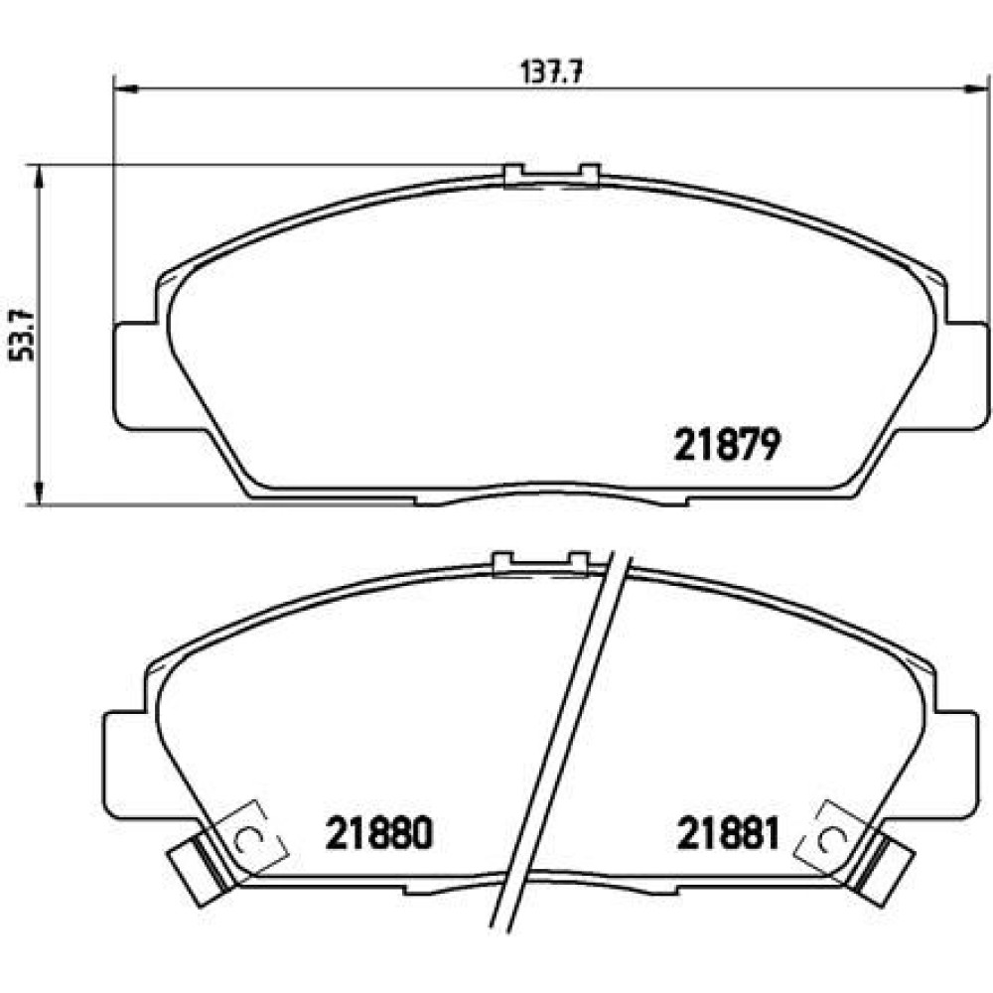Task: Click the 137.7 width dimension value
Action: pyautogui.click(x=551, y=72)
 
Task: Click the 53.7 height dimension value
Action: pyautogui.click(x=22, y=335)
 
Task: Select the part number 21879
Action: pyautogui.click(x=727, y=445)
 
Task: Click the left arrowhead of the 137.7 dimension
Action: pyautogui.click(x=125, y=88)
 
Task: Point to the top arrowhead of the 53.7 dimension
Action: pyautogui.click(x=40, y=177)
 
